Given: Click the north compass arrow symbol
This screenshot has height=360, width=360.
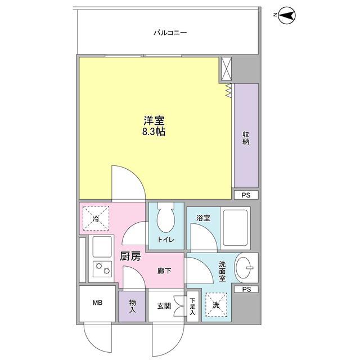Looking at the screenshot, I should click(286, 17).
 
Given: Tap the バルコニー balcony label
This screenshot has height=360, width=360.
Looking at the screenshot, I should click(170, 33).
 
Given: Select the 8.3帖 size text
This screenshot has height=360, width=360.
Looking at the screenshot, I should click(154, 132).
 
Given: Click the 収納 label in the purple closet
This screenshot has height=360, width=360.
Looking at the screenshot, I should click(246, 137).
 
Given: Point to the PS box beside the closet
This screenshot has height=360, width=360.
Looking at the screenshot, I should click(246, 195).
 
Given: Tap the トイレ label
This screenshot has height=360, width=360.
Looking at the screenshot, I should click(165, 241).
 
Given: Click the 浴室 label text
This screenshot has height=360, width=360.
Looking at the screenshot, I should click(204, 218).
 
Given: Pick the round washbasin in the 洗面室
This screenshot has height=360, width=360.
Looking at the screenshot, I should click(246, 266).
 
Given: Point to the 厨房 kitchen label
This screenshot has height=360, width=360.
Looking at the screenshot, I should click(130, 257).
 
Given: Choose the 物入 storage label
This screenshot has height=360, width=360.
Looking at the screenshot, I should click(133, 306).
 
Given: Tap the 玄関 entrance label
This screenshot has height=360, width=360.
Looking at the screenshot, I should click(164, 307).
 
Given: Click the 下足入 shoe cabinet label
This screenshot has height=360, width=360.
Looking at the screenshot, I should click(192, 306).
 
